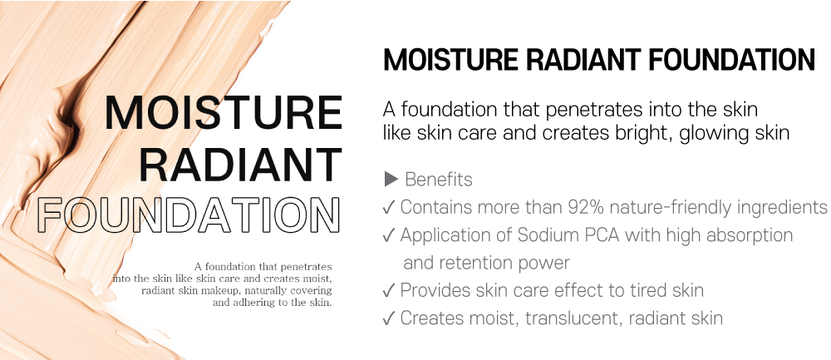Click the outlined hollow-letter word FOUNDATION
[x=189, y=216]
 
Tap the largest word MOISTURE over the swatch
[x=223, y=113]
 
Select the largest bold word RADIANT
[x=239, y=164]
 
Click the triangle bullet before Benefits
[x=391, y=180]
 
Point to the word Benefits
[x=438, y=180]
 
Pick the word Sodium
[x=534, y=235]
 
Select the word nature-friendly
[x=669, y=207]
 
